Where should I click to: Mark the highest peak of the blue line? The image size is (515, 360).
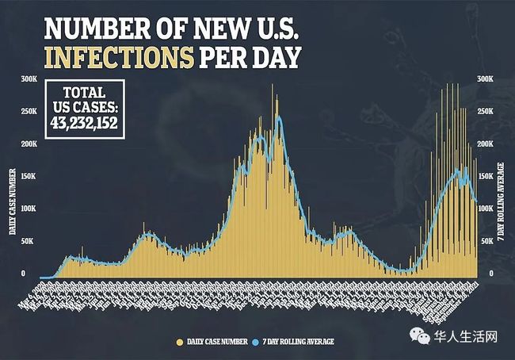278,117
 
